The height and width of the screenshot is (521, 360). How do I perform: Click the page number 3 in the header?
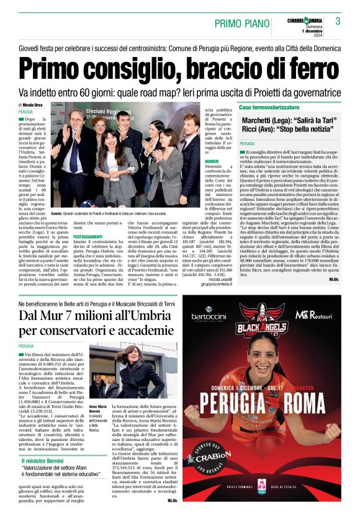point(338,21)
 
